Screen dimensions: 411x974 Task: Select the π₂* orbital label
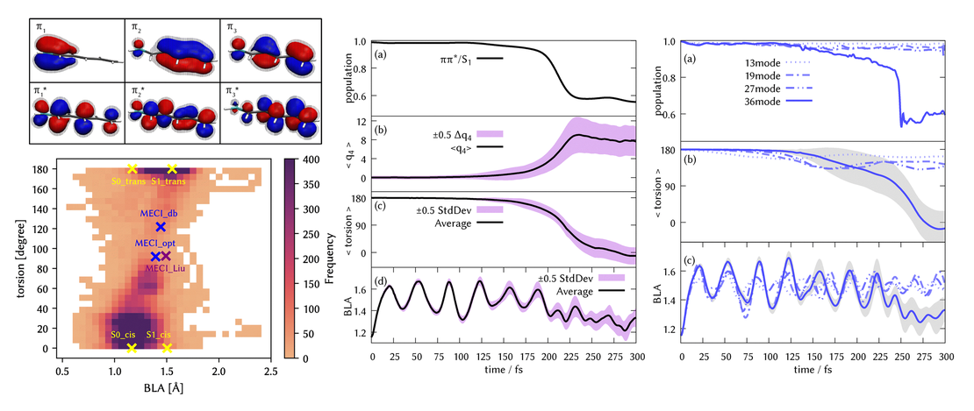pyautogui.click(x=138, y=91)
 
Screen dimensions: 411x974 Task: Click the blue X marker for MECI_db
pyautogui.click(x=160, y=226)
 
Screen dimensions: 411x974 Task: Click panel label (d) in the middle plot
pyautogui.click(x=379, y=280)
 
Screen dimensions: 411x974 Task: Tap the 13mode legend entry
pyautogui.click(x=765, y=63)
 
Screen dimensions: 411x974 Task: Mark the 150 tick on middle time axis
pyautogui.click(x=505, y=358)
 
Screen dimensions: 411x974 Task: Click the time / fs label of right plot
pyautogui.click(x=813, y=372)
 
